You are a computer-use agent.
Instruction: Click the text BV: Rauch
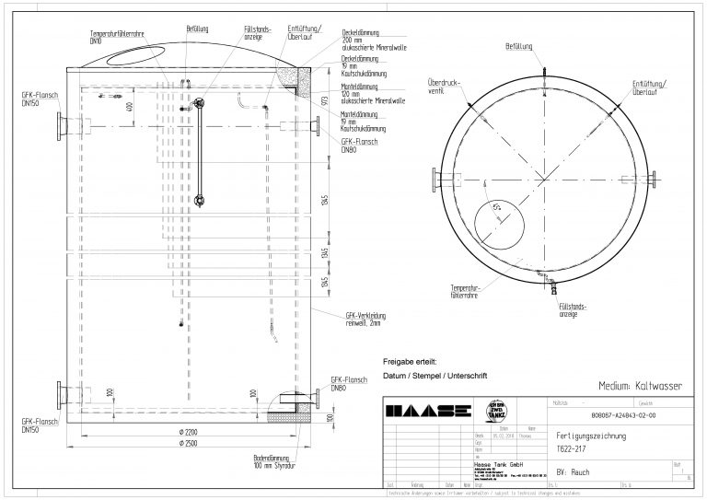click(x=575, y=470)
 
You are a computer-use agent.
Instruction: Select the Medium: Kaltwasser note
click(x=639, y=387)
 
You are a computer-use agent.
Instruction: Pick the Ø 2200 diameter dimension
click(x=191, y=431)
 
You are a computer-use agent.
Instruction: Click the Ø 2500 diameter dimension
click(x=191, y=445)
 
